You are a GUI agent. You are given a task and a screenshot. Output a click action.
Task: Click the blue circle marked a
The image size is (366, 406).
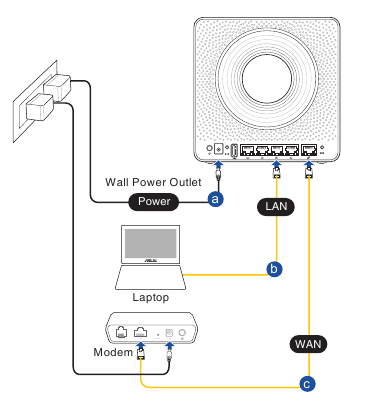pyautogui.click(x=215, y=199)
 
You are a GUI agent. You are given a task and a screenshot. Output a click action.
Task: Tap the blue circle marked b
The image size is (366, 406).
pyautogui.click(x=274, y=269)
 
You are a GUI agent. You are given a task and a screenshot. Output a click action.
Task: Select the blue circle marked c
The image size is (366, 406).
pyautogui.click(x=307, y=384)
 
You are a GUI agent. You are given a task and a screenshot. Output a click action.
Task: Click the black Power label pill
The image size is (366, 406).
pyautogui.click(x=154, y=201)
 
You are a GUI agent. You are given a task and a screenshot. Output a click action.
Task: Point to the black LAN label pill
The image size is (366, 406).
pyautogui.click(x=276, y=207)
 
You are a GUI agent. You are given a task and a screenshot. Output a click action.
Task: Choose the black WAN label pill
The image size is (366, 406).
pyautogui.click(x=308, y=344)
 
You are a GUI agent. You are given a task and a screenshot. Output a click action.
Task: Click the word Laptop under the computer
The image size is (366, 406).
pyautogui.click(x=151, y=297)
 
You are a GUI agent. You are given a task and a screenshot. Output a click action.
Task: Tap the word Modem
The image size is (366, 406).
pyautogui.click(x=113, y=352)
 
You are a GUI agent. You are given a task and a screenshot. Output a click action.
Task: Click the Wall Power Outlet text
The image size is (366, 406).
pyautogui.click(x=153, y=182)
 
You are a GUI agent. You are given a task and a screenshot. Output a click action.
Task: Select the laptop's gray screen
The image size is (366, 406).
pyautogui.click(x=150, y=243)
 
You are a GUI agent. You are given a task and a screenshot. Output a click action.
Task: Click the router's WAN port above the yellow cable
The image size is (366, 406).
pyautogui.click(x=309, y=150)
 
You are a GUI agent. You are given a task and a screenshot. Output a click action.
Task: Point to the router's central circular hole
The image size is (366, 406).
pyautogui.click(x=267, y=79)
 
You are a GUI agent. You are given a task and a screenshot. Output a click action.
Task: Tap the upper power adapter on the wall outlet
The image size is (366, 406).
pyautogui.click(x=58, y=87)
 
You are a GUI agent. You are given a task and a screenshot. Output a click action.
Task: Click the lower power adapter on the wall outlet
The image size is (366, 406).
pyautogui.click(x=40, y=107)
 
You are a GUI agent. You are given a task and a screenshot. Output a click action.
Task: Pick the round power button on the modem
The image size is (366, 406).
pyautogui.click(x=182, y=333)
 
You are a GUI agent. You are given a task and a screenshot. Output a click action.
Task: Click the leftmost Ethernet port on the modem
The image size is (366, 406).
pyautogui.click(x=121, y=332)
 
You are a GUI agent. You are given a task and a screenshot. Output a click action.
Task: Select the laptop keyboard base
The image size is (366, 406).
pyautogui.click(x=150, y=277)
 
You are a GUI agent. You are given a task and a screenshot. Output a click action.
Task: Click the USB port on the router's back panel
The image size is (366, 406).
pyautogui.click(x=234, y=151)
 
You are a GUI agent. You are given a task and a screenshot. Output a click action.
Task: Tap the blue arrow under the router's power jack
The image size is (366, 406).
pyautogui.click(x=218, y=165)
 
